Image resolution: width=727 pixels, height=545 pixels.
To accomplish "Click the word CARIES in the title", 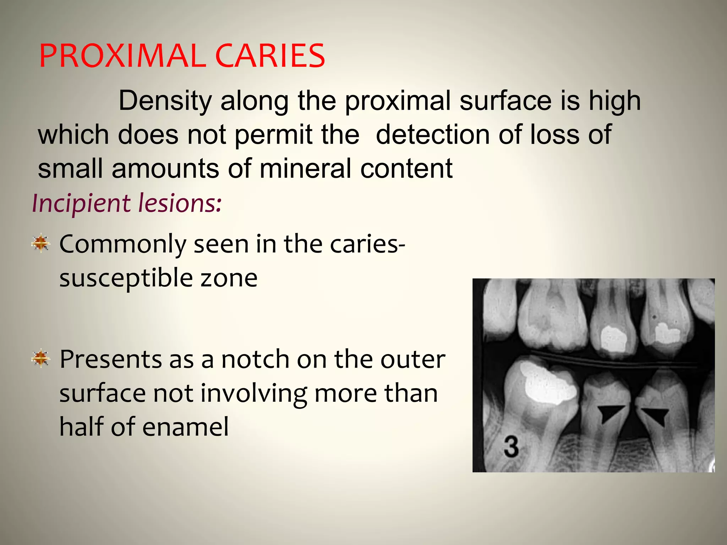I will (x=270, y=56).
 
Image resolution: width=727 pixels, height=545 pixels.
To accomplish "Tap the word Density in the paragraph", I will (x=165, y=101).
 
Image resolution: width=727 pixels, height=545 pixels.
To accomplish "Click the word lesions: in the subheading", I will (x=180, y=203).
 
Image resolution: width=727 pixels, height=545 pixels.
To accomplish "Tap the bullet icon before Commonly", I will (x=41, y=243).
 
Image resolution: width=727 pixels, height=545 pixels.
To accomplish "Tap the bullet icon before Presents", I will (x=41, y=358).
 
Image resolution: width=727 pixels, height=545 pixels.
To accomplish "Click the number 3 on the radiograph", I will (x=511, y=447).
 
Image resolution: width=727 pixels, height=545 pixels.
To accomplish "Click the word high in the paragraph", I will (x=615, y=101).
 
